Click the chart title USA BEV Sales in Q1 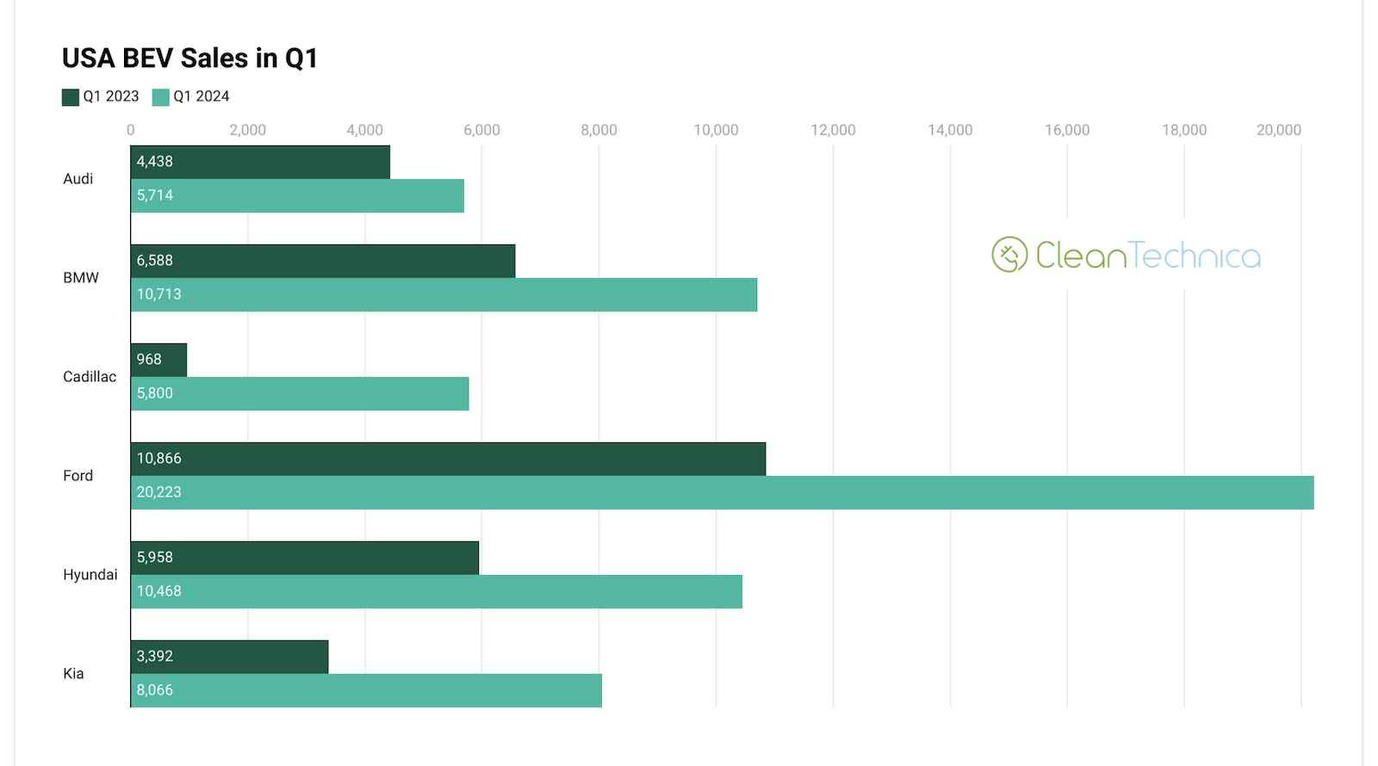189,58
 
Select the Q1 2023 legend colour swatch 71,97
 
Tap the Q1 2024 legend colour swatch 160,97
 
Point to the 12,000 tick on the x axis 833,130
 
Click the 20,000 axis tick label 1278,130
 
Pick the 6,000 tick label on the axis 481,130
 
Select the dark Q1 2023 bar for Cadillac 159,360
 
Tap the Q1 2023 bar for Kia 230,657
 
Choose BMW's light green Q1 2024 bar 444,294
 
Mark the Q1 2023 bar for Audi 260,162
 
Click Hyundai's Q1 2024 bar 437,591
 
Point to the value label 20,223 159,492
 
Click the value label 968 149,360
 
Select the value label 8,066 155,690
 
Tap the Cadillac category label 90,377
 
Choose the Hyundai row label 90,575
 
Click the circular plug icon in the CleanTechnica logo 1009,255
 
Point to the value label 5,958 155,558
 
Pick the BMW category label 81,278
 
